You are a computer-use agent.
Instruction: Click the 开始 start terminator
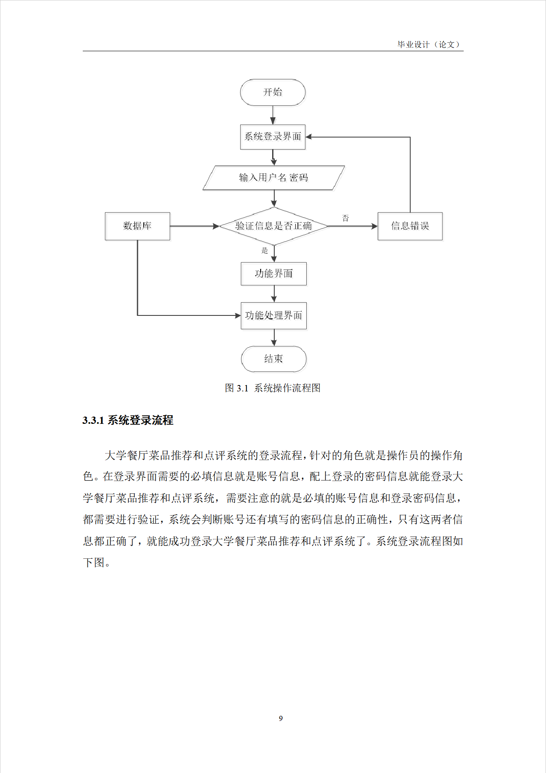tap(273, 92)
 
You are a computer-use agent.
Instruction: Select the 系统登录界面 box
tap(273, 137)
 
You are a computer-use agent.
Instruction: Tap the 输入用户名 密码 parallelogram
tap(273, 178)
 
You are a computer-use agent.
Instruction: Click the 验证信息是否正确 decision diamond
tap(273, 226)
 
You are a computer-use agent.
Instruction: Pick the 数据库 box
tap(137, 226)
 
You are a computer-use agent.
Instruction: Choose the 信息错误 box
tap(410, 226)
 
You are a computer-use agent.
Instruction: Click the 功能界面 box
tap(273, 274)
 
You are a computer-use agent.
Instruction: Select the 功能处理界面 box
tap(273, 316)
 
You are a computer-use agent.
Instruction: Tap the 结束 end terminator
tap(273, 359)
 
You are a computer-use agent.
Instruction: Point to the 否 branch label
tap(346, 218)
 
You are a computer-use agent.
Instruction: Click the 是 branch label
tap(264, 251)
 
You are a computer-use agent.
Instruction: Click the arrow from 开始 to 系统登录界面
tap(273, 115)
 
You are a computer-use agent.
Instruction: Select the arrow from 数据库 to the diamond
tap(194, 226)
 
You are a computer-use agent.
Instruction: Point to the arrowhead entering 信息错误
tap(374, 226)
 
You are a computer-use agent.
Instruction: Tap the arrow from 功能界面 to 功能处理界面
tap(274, 294)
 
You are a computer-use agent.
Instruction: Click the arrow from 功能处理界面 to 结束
tap(274, 338)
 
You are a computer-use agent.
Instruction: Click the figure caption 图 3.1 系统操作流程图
tap(273, 388)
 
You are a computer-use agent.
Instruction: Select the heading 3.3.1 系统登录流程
tap(128, 420)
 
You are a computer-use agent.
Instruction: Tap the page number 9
tap(281, 718)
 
